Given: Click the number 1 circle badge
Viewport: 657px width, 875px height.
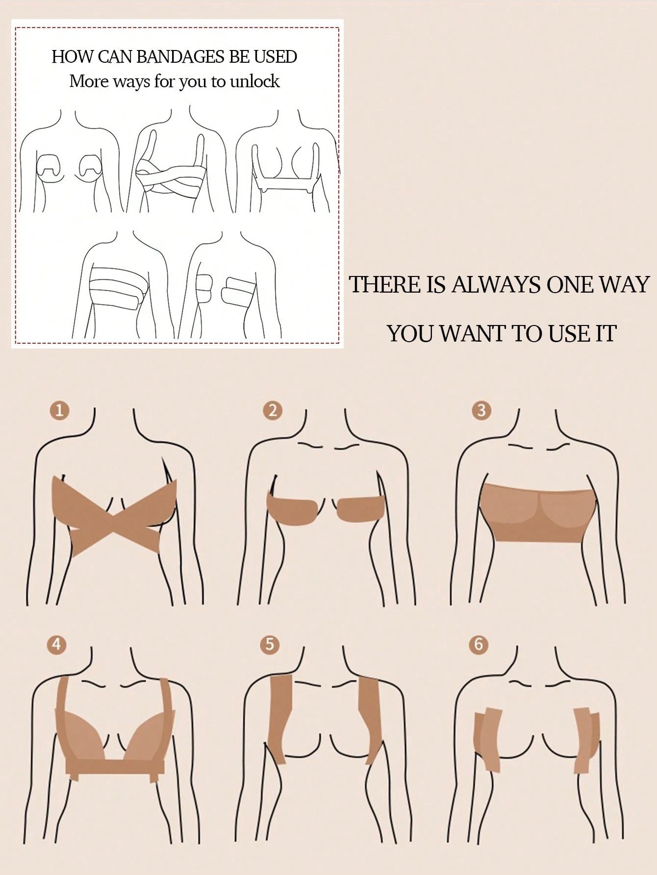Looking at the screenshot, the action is click(x=60, y=410).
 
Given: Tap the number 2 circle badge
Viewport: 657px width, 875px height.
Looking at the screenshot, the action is click(x=273, y=410).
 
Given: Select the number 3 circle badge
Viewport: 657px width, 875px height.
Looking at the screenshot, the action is click(x=481, y=410).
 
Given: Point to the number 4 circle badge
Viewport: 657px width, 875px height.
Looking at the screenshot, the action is click(x=57, y=644).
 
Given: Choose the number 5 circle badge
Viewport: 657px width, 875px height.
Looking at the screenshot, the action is click(x=270, y=644).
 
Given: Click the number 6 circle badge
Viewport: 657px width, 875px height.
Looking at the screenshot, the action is click(x=479, y=644).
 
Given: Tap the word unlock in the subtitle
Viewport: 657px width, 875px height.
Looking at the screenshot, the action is click(x=255, y=81).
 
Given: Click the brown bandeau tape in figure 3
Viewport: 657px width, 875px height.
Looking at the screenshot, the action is click(x=538, y=512).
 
